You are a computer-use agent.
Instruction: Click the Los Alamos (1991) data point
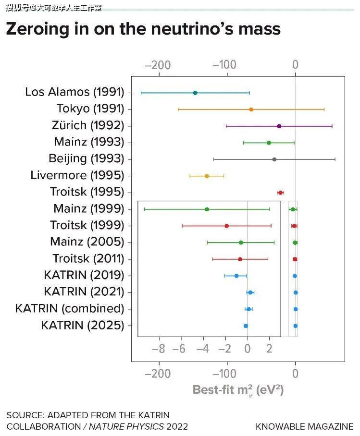click(195, 93)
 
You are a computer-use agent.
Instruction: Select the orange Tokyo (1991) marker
click(251, 109)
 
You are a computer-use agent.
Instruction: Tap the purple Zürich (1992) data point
click(279, 126)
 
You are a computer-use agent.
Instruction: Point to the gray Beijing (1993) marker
click(274, 159)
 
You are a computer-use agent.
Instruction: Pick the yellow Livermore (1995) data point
click(207, 176)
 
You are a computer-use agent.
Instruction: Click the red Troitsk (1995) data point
click(281, 193)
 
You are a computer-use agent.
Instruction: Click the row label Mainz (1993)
click(89, 142)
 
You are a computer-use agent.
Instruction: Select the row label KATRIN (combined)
click(70, 308)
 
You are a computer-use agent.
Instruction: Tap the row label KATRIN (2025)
click(83, 325)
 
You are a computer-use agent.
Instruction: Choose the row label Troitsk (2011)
click(88, 259)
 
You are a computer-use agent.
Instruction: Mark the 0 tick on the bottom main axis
click(295, 374)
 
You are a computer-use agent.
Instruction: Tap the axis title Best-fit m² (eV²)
click(238, 389)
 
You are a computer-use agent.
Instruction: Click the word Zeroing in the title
click(38, 29)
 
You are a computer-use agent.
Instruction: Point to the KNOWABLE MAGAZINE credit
click(304, 426)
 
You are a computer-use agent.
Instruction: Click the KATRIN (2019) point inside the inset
click(236, 276)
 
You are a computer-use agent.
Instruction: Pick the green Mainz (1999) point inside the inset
click(207, 209)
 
